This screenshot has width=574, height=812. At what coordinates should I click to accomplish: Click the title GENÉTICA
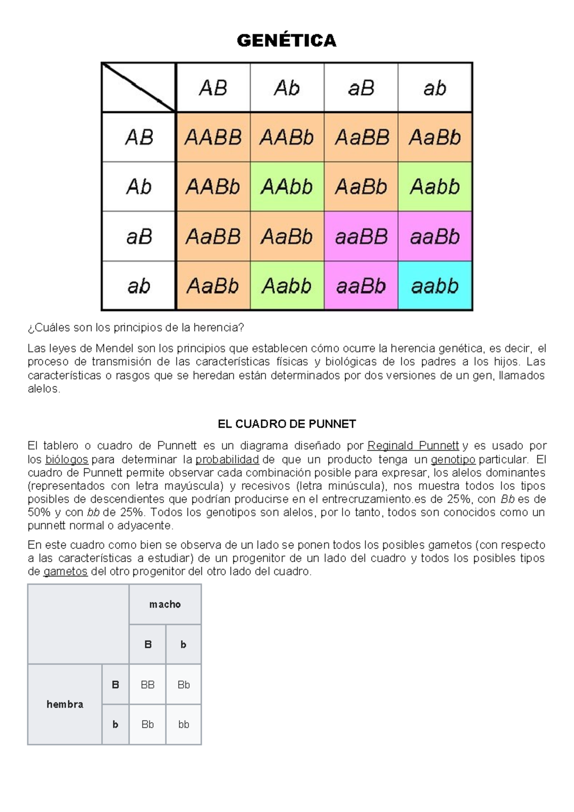point(287,41)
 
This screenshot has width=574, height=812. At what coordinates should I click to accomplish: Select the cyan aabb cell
point(435,286)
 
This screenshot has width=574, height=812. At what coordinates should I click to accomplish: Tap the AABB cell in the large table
point(213,137)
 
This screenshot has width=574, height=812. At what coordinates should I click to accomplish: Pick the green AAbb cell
point(287,187)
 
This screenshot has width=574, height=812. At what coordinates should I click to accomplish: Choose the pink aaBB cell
point(361,237)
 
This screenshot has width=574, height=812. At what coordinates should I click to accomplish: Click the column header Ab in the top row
point(287,88)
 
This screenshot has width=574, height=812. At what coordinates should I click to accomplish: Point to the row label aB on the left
point(139,237)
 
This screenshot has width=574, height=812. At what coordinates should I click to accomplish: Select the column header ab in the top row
point(435,88)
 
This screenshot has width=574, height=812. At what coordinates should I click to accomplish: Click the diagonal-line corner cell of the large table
point(139,88)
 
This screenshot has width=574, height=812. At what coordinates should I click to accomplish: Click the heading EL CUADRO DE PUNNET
point(287,424)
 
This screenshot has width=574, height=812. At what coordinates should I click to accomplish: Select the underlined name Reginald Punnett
point(413,446)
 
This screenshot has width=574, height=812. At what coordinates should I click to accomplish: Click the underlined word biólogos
point(66,460)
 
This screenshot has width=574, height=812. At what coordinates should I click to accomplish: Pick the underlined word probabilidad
point(227,460)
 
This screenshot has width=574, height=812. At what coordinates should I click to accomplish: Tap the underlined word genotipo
point(453,460)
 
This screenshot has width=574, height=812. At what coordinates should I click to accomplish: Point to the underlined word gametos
point(66,572)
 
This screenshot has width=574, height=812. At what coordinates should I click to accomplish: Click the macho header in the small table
point(165,604)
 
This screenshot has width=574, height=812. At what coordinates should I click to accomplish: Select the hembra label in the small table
point(65,704)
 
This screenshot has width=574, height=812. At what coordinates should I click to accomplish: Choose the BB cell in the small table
point(147,685)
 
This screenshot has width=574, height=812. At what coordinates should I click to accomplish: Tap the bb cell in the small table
point(184,724)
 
